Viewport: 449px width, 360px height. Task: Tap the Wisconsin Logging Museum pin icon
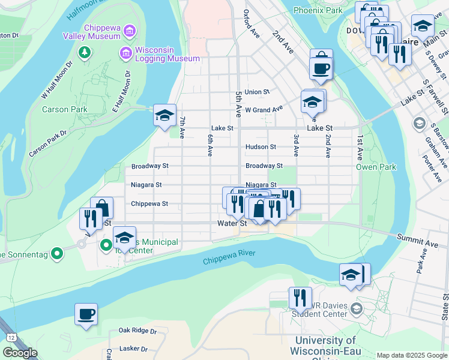[125, 53]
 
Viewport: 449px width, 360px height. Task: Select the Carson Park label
[65, 110]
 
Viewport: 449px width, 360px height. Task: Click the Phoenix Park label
[318, 10]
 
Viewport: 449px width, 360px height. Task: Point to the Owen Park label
[376, 167]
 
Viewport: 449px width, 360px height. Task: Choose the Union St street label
[257, 92]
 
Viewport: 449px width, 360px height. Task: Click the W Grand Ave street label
[264, 110]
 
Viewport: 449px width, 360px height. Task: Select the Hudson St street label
[261, 147]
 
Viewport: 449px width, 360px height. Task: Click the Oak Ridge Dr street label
[137, 331]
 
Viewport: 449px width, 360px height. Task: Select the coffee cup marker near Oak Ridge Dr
[86, 313]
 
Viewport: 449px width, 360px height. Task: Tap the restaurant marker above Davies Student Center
[300, 297]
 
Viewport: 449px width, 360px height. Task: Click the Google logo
[19, 353]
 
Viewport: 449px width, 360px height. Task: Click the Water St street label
[232, 223]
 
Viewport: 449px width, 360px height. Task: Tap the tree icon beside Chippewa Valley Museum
[85, 52]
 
